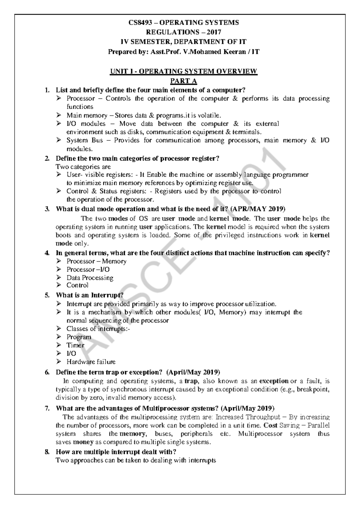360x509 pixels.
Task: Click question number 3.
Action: (47, 209)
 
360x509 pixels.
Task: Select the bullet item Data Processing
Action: (90, 278)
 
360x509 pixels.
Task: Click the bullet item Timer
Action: (75, 345)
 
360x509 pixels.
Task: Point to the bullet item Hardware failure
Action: (91, 362)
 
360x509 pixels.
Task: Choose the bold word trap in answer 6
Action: (190, 381)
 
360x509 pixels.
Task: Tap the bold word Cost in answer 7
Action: (270, 426)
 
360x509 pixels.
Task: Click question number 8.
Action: (47, 452)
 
